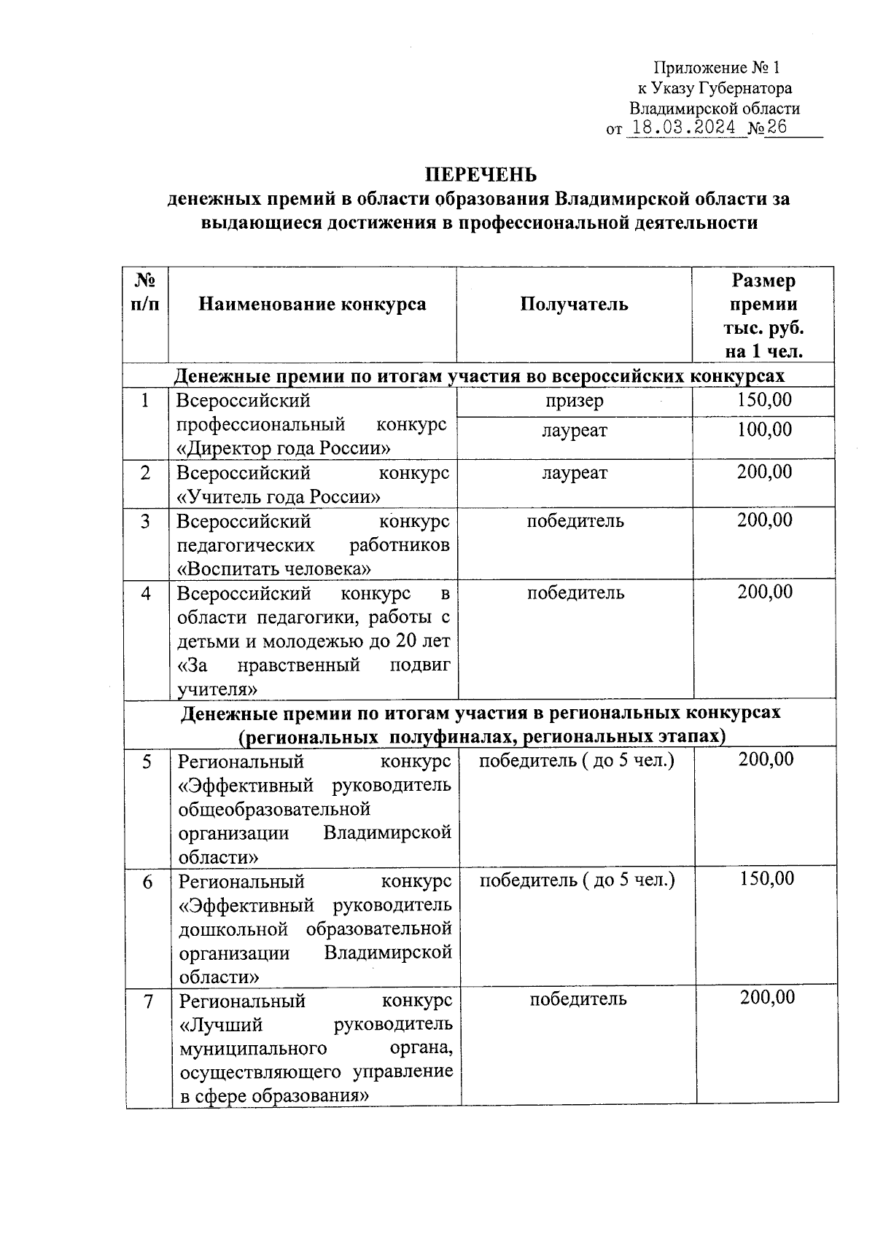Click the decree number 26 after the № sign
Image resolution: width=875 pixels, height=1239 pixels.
(777, 128)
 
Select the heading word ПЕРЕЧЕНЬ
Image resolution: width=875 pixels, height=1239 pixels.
(481, 175)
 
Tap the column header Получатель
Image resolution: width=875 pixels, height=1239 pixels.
(574, 304)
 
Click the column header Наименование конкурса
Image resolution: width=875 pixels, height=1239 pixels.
(312, 304)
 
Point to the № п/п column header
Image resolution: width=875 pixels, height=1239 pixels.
(145, 292)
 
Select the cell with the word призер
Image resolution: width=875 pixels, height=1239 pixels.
(574, 401)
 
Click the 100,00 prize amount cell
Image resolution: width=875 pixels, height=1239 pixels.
(764, 429)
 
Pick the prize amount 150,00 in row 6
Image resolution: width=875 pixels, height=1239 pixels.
(766, 879)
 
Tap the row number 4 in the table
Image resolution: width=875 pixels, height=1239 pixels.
(147, 593)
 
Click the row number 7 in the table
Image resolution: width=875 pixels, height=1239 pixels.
(149, 1001)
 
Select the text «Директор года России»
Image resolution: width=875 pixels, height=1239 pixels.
(284, 447)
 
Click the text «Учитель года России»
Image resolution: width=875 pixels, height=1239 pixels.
(279, 497)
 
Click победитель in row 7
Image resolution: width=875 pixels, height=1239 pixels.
(577, 998)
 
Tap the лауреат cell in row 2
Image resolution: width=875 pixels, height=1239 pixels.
(574, 473)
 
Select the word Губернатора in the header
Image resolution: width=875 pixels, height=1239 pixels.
(744, 89)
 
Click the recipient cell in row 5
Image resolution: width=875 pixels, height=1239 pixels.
(576, 760)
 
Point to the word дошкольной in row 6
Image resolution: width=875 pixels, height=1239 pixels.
(236, 929)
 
